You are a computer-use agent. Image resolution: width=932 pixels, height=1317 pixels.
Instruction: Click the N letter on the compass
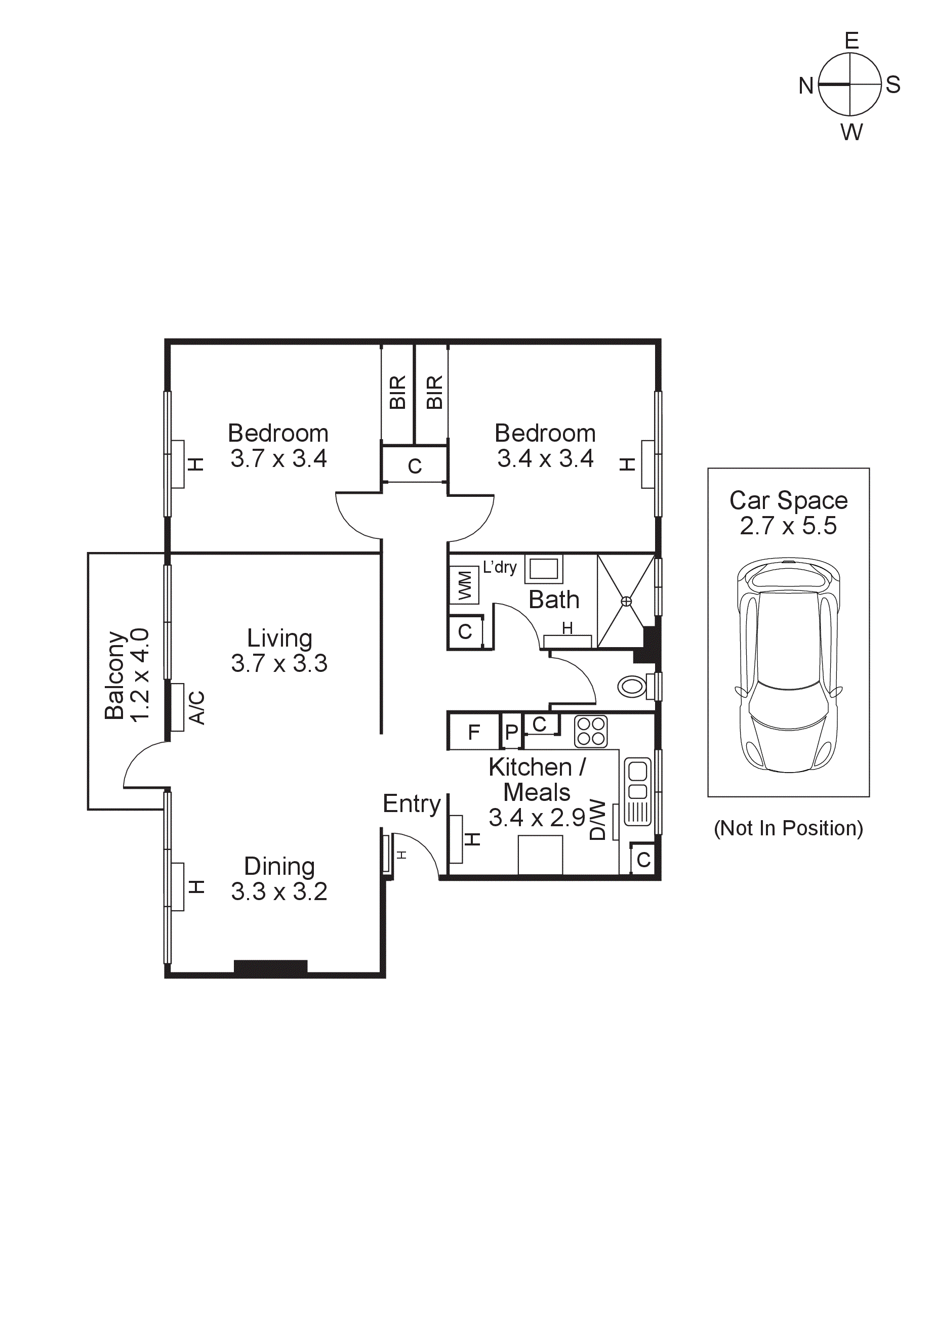(806, 86)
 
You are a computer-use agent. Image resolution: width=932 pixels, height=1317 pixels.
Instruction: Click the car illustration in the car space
(789, 665)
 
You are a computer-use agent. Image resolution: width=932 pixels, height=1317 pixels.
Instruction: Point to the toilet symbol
(632, 686)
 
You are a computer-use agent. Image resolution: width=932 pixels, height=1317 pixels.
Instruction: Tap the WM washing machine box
(464, 585)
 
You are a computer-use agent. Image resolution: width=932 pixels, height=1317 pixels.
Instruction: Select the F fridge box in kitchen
(473, 733)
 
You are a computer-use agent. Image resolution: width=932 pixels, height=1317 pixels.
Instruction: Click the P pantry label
(511, 733)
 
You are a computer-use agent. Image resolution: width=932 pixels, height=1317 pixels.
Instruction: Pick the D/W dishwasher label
(597, 820)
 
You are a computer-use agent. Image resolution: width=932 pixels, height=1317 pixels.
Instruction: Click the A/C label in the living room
(196, 708)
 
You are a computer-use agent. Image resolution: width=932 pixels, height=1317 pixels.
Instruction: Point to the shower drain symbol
(626, 601)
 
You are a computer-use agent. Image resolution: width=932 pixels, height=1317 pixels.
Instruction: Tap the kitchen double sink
(637, 792)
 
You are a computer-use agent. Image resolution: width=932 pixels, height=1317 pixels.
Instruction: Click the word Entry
(412, 803)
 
